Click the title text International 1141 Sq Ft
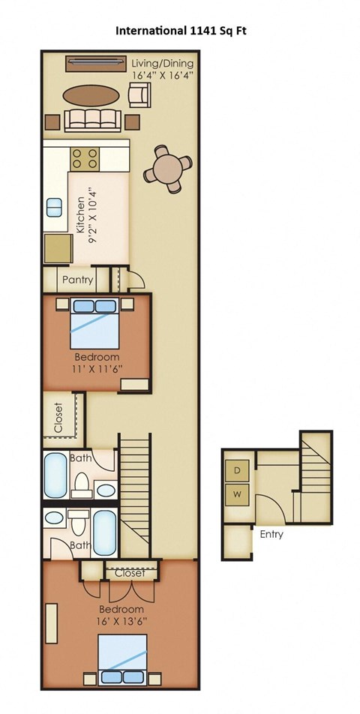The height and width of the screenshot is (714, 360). click(179, 31)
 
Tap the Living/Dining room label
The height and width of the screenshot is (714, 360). click(163, 69)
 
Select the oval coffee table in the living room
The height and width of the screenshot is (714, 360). click(90, 94)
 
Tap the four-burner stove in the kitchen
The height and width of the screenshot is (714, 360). click(86, 158)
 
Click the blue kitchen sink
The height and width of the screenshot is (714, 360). click(55, 208)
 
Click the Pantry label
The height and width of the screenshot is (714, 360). click(78, 280)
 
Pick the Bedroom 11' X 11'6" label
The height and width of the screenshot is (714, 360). click(97, 362)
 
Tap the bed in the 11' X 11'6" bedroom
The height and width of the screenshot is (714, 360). click(96, 322)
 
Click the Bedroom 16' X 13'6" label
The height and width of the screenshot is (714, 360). click(120, 615)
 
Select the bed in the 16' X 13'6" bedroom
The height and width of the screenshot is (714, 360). click(123, 660)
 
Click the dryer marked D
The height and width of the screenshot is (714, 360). click(238, 470)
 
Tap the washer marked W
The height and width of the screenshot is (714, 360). click(238, 495)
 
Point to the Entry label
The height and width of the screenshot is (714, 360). click(271, 535)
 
